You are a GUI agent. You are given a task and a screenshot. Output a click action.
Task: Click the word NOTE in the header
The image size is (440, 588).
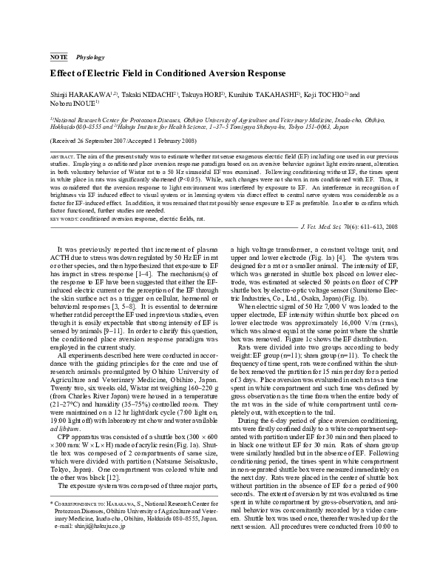(58, 56)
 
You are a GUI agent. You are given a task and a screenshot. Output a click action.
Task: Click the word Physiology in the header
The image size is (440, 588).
(89, 56)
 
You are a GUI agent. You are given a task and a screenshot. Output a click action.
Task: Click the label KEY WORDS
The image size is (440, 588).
(64, 199)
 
